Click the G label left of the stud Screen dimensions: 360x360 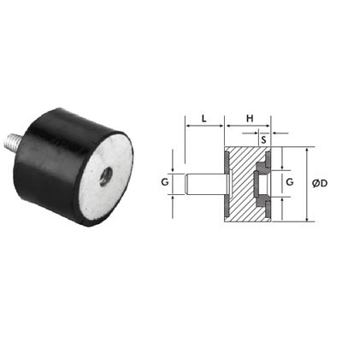164,182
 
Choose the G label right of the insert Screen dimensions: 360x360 290,182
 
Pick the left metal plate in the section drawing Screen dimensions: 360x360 226,183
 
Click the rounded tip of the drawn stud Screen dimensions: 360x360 187,183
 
